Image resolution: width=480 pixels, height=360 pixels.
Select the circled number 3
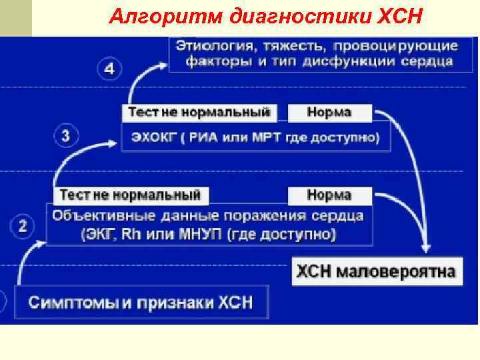click(x=66, y=137)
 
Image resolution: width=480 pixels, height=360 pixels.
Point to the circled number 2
click(x=23, y=227)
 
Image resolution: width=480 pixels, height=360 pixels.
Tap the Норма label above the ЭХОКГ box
click(x=329, y=112)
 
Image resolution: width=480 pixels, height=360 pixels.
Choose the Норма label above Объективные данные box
click(x=329, y=195)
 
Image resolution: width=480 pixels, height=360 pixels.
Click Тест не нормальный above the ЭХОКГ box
click(x=199, y=112)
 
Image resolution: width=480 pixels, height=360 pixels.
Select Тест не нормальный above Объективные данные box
click(x=130, y=195)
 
